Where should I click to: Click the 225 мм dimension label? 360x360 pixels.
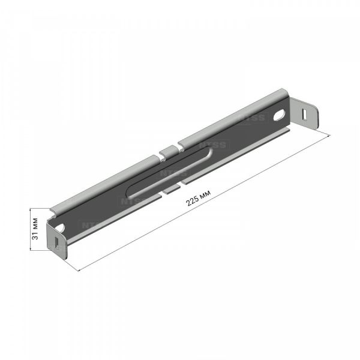pyautogui.click(x=198, y=197)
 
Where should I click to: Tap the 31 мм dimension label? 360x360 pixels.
pyautogui.click(x=35, y=229)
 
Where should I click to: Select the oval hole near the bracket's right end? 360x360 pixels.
pyautogui.click(x=280, y=115)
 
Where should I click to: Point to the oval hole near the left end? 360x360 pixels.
pyautogui.click(x=60, y=227)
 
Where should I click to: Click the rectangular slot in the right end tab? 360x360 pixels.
pyautogui.click(x=304, y=115)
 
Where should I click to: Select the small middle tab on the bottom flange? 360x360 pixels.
pyautogui.click(x=171, y=190)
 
